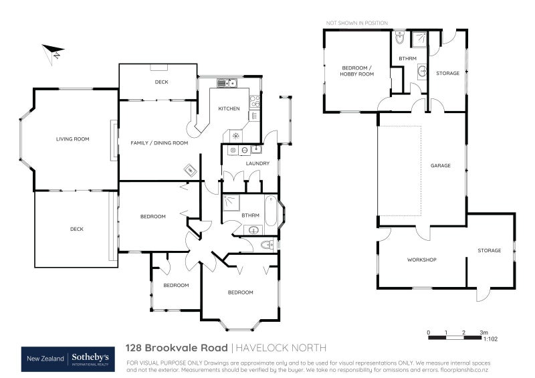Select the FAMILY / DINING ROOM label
(158, 143)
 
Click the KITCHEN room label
(229, 108)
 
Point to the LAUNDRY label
(257, 163)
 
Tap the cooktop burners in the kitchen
(255, 101)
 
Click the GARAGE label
(440, 165)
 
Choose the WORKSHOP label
(421, 260)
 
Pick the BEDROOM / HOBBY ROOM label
(356, 72)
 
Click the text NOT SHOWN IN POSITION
(356, 23)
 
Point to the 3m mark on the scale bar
(483, 333)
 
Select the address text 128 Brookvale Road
(177, 348)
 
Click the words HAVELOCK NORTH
(280, 348)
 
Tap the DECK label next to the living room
(77, 229)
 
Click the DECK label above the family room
(161, 82)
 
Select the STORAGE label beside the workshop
(489, 250)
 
